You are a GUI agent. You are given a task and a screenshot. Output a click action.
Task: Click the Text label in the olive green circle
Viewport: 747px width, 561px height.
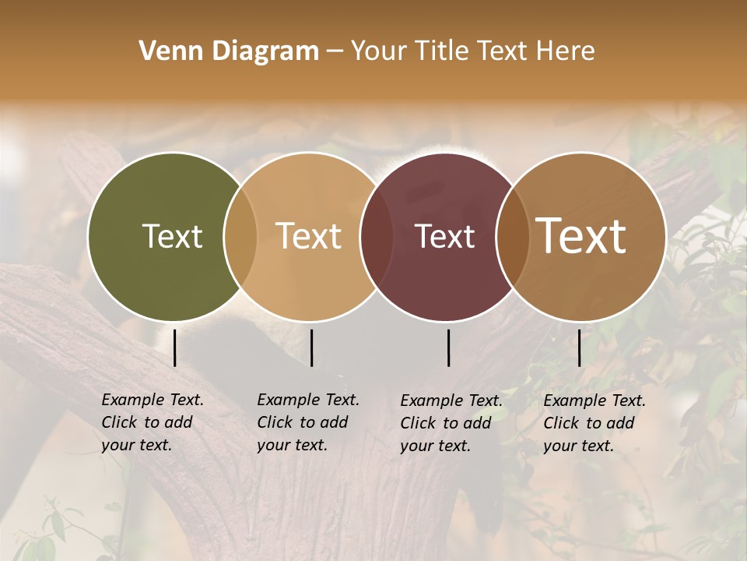click(x=172, y=236)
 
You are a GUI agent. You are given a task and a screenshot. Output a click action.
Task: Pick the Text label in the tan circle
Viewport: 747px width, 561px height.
click(x=309, y=236)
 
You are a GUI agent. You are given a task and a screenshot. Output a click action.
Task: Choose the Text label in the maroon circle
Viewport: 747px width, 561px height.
click(x=445, y=236)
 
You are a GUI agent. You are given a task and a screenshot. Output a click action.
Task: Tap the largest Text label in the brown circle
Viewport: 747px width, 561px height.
click(x=581, y=236)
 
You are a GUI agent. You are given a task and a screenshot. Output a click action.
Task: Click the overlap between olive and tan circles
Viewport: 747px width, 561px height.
click(x=240, y=236)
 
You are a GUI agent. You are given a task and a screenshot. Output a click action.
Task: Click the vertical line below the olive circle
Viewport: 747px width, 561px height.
click(x=174, y=348)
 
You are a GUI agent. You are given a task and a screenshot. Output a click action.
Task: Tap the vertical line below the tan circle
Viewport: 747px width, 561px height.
click(x=311, y=348)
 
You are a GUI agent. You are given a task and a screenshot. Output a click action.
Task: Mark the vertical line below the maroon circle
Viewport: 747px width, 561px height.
click(x=449, y=348)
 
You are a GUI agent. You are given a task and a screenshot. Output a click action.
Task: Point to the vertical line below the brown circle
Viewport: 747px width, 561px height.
click(x=579, y=348)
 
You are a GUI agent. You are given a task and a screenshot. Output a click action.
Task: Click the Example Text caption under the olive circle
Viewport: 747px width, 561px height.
click(x=153, y=422)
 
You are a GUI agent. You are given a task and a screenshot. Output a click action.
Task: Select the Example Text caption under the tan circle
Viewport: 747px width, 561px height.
click(x=308, y=422)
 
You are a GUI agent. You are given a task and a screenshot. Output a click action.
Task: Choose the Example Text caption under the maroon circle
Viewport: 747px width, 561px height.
click(x=451, y=423)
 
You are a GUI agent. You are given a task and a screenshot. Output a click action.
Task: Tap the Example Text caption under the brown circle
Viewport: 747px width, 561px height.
click(x=594, y=423)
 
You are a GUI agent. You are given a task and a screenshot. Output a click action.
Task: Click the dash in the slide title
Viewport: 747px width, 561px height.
click(x=335, y=52)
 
